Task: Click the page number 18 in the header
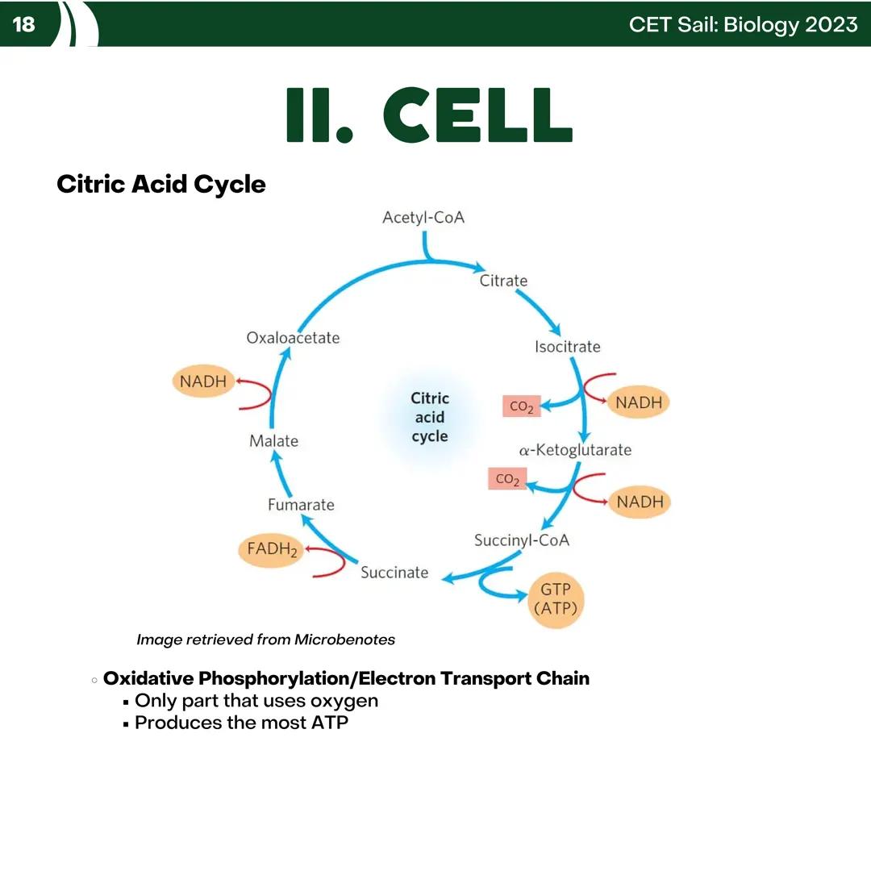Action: pyautogui.click(x=24, y=24)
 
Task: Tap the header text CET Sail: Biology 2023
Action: pyautogui.click(x=743, y=24)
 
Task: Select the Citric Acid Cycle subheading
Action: pyautogui.click(x=160, y=184)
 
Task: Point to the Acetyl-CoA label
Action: pyautogui.click(x=423, y=218)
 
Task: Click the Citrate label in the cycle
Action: pyautogui.click(x=503, y=281)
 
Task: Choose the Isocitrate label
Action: pyautogui.click(x=567, y=347)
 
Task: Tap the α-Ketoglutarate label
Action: pyautogui.click(x=574, y=450)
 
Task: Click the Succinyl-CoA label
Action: pyautogui.click(x=521, y=540)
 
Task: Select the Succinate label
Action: pyautogui.click(x=394, y=573)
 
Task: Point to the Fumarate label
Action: pyautogui.click(x=301, y=505)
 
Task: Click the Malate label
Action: pyautogui.click(x=273, y=441)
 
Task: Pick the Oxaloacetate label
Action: pyautogui.click(x=293, y=338)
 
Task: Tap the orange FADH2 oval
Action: pyautogui.click(x=272, y=551)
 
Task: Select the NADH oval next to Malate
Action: pyautogui.click(x=203, y=381)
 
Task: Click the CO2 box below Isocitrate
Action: pyautogui.click(x=521, y=407)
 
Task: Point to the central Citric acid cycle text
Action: pyautogui.click(x=430, y=417)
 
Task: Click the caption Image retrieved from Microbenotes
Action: pyautogui.click(x=265, y=640)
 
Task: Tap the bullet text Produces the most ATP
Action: pyautogui.click(x=241, y=723)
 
